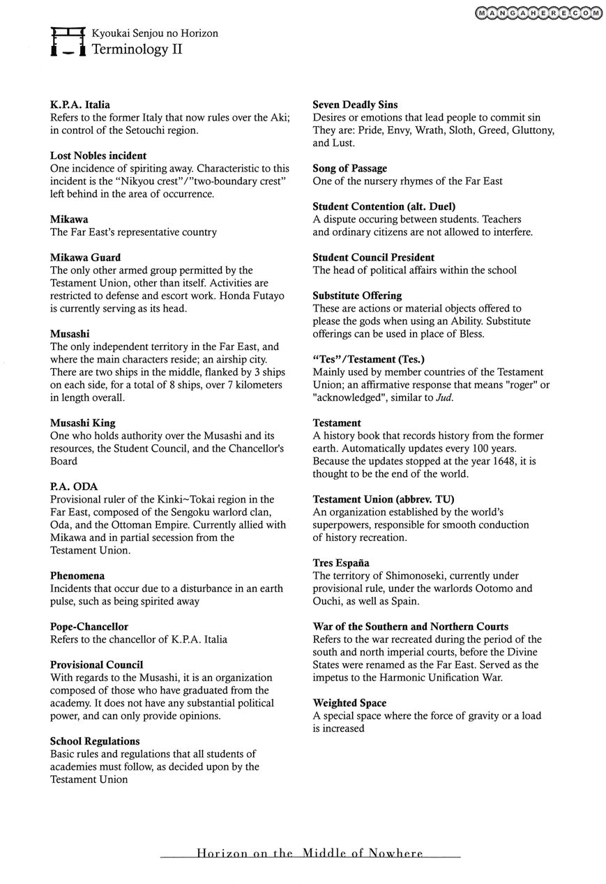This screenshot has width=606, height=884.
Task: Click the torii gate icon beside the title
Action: pyautogui.click(x=68, y=42)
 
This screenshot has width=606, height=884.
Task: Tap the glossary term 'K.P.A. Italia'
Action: pyautogui.click(x=80, y=105)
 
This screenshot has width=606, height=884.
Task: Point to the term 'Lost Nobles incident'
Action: pyautogui.click(x=98, y=155)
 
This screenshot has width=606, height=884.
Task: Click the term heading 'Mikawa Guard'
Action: pyautogui.click(x=85, y=257)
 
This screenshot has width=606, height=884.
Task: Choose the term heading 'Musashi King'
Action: pyautogui.click(x=82, y=422)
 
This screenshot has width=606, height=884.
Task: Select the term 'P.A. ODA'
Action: pyautogui.click(x=74, y=486)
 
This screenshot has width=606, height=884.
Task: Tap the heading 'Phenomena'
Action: pyautogui.click(x=77, y=575)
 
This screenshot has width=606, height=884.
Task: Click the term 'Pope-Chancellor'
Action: pyautogui.click(x=89, y=627)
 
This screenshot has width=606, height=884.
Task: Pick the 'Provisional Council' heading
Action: pyautogui.click(x=96, y=664)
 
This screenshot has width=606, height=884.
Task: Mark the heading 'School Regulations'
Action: pyautogui.click(x=95, y=741)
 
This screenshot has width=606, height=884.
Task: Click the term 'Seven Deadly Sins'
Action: pyautogui.click(x=355, y=105)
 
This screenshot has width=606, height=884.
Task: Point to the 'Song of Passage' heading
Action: pyautogui.click(x=349, y=168)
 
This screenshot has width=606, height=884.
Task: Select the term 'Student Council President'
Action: pyautogui.click(x=373, y=257)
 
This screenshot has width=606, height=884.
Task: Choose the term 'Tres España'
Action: pyautogui.click(x=341, y=563)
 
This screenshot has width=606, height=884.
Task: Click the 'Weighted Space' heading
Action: pyautogui.click(x=349, y=703)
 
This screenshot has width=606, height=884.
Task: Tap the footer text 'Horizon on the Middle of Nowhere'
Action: pyautogui.click(x=310, y=853)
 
